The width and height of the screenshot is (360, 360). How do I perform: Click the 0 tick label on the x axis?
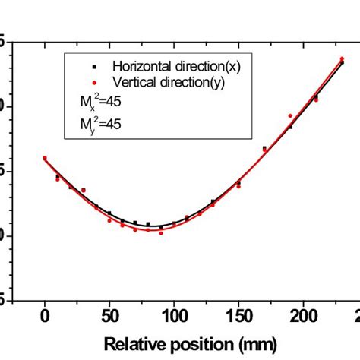pos(45,314)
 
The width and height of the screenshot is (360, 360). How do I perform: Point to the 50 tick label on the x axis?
pos(109,314)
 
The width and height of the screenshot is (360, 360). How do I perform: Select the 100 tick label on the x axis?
pos(174,314)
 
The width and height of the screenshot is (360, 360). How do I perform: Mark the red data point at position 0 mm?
pos(45,158)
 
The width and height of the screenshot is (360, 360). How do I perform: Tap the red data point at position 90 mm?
pos(161,232)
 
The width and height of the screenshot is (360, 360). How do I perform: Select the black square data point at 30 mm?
pos(84,190)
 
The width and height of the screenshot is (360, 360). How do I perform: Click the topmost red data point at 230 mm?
pos(342,58)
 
